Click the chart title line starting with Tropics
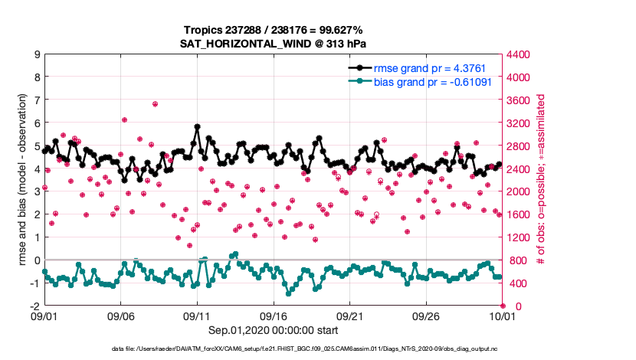273,30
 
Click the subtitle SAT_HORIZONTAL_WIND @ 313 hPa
273,44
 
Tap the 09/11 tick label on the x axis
197,316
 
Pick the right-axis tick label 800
519,260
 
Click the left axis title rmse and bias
22,180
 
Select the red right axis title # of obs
541,180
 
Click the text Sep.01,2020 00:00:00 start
273,331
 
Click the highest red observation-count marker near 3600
155,104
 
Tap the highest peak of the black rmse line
198,126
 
